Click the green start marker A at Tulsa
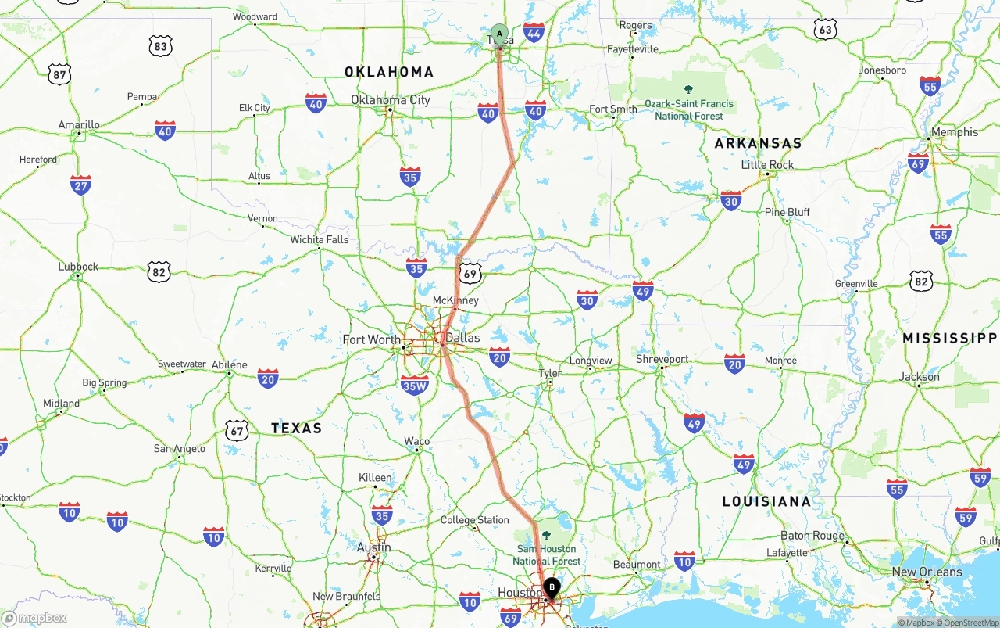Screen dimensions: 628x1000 click(x=499, y=34)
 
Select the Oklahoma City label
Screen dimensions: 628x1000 click(x=390, y=100)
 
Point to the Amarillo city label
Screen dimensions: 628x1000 click(x=79, y=125)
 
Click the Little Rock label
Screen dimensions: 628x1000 click(x=767, y=165)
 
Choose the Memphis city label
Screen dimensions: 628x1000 click(x=954, y=132)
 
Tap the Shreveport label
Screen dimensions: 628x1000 click(x=662, y=360)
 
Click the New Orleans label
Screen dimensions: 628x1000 click(x=927, y=572)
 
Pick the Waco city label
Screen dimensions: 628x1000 click(x=416, y=442)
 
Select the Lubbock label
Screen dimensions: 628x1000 click(x=78, y=267)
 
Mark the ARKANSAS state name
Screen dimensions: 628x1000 click(x=758, y=143)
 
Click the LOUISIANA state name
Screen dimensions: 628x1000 click(x=766, y=501)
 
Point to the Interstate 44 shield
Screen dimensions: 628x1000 click(x=534, y=32)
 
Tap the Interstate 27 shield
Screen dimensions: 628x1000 click(x=80, y=185)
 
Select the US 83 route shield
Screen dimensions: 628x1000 click(x=160, y=46)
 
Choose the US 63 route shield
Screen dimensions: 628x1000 click(x=826, y=30)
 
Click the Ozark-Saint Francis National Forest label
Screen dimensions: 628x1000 click(x=688, y=109)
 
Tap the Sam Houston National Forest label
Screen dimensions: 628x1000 click(x=547, y=554)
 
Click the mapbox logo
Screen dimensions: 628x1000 click(x=34, y=618)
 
